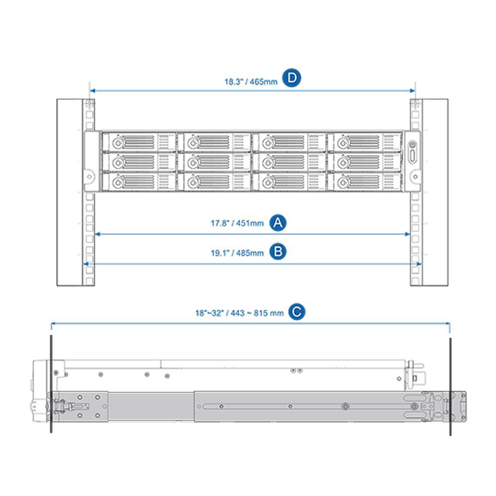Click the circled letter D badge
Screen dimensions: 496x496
pos(291,78)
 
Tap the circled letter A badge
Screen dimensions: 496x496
pos(278,223)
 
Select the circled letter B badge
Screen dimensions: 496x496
pos(278,252)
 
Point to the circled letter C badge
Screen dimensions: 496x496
pos(297,312)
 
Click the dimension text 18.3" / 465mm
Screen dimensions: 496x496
pos(251,82)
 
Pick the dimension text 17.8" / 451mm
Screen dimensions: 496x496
pos(237,223)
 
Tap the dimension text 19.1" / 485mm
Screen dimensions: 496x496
pos(237,253)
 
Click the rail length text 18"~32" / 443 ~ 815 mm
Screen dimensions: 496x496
pos(240,313)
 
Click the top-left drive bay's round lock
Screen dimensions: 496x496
pos(119,143)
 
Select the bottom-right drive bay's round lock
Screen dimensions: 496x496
pos(343,182)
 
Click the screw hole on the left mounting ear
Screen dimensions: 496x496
pos(89,177)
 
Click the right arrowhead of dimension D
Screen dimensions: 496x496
pos(413,91)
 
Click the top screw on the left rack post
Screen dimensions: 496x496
pos(89,104)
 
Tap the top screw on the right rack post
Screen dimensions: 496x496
pos(415,104)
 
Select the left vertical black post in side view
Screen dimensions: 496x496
pos(51,384)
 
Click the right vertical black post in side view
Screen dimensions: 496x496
pos(450,386)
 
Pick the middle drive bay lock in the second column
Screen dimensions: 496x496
pos(193,163)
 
